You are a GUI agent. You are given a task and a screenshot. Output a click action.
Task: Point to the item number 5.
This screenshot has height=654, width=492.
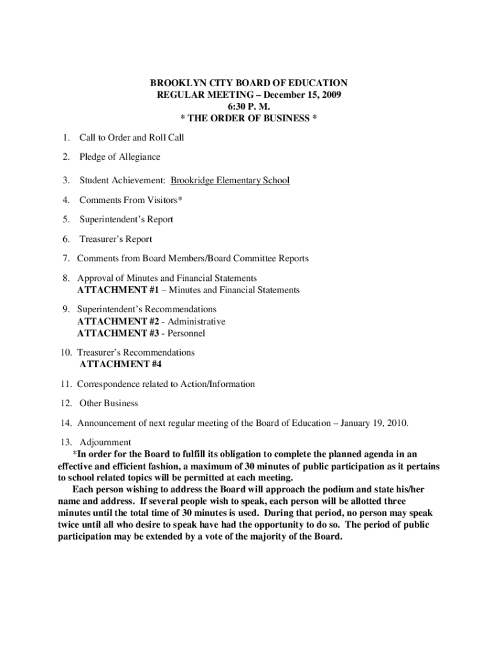(x=66, y=220)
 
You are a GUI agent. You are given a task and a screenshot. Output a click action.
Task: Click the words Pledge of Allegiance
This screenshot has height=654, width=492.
(x=119, y=156)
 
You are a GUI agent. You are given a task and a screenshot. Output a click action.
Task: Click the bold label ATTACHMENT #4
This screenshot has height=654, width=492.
(x=121, y=365)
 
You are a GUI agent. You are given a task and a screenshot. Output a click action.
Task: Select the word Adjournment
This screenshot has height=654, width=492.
(x=105, y=443)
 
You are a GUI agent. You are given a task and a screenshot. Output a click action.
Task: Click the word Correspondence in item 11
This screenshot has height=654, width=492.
(x=108, y=384)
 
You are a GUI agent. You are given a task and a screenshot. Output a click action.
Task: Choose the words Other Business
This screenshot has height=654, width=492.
(x=109, y=404)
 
